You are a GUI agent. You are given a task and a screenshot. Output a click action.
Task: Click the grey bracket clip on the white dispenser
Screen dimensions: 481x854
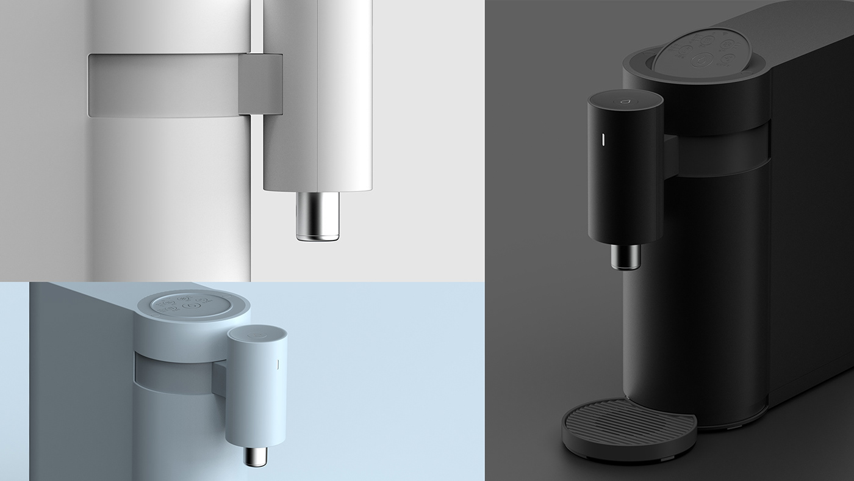pyautogui.click(x=261, y=84)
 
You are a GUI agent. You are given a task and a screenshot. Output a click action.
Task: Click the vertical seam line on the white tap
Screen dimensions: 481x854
pyautogui.click(x=317, y=92)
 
